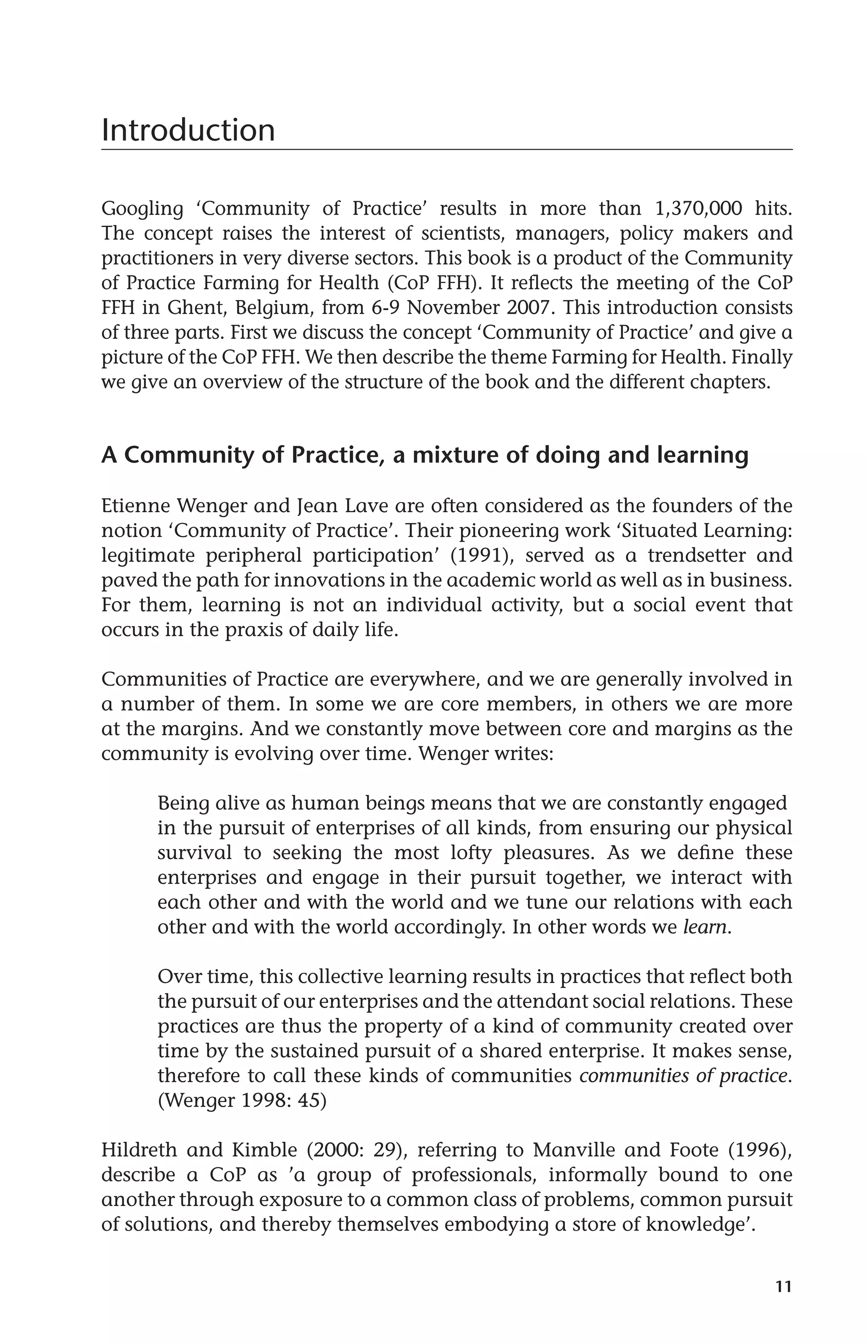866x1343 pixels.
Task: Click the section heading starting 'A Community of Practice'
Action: [425, 455]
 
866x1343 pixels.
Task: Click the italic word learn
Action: [704, 927]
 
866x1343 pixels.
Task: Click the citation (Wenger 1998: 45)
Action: [242, 1100]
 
